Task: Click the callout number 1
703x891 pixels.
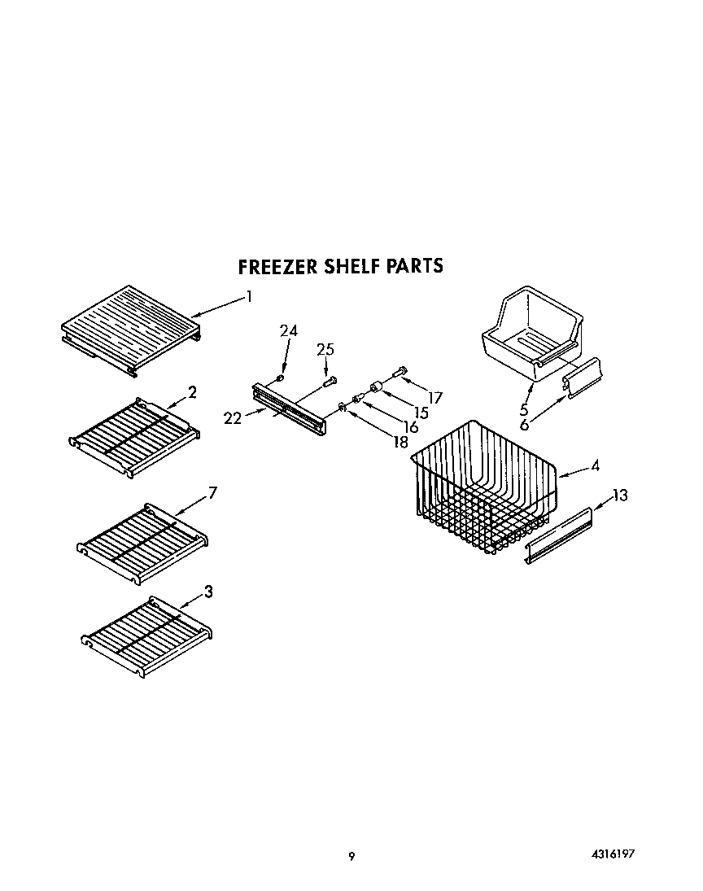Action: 249,296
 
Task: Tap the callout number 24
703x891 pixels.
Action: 289,330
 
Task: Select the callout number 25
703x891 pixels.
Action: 325,349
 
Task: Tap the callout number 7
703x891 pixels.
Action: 212,492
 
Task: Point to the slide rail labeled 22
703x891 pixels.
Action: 290,406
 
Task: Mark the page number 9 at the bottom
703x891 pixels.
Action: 351,855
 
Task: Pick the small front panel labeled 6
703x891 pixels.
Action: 585,378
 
